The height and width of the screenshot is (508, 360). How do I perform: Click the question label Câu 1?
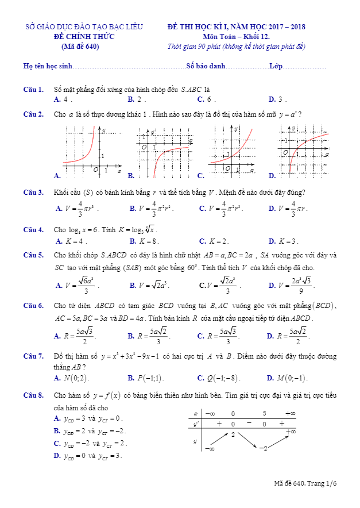(x=33, y=90)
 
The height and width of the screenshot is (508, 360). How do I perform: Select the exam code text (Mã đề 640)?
(x=80, y=47)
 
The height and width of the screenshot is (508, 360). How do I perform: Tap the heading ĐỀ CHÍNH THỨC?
(x=80, y=37)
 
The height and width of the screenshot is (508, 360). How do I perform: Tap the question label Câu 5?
(x=33, y=255)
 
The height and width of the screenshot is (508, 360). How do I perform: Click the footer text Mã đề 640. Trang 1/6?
(x=305, y=483)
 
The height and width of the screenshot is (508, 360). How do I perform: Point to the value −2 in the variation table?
(x=264, y=448)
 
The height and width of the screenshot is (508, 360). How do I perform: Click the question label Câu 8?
(x=33, y=395)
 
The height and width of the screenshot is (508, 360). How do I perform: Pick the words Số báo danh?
(x=205, y=67)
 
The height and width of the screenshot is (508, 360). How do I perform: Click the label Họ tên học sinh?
(x=48, y=67)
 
